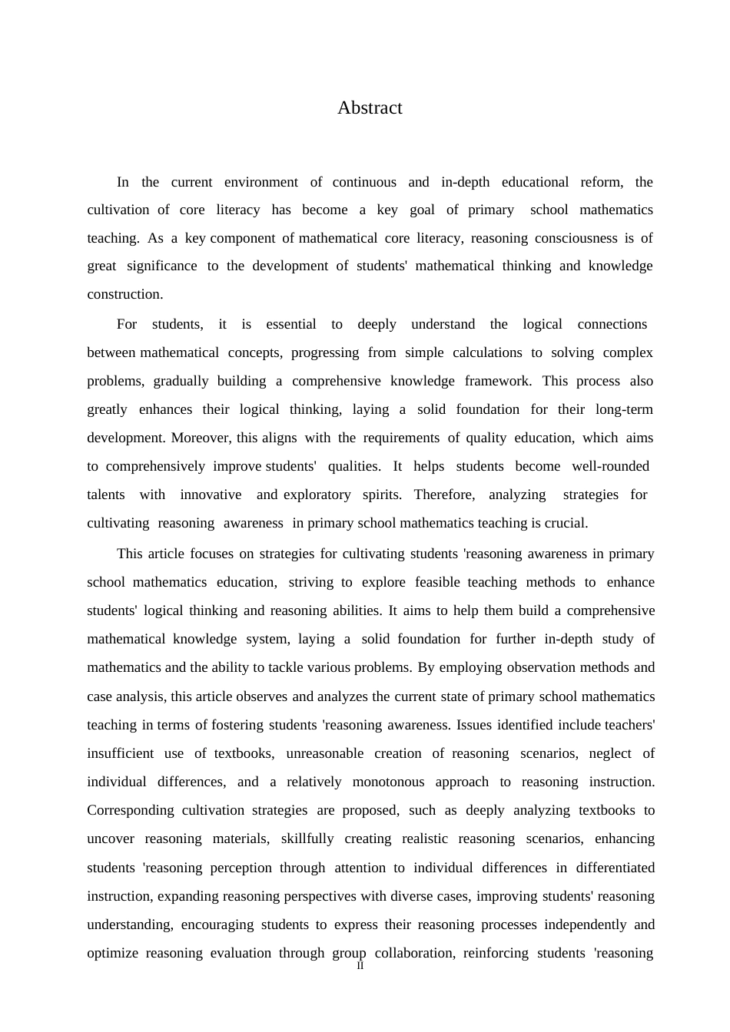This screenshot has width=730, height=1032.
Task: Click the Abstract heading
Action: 370,108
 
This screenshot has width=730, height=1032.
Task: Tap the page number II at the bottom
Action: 360,966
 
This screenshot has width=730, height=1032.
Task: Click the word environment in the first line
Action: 261,182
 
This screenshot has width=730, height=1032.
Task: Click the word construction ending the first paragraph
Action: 124,294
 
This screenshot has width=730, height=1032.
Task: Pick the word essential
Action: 291,324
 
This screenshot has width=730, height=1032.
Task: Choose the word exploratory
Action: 317,495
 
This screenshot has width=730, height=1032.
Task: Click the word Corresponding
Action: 131,810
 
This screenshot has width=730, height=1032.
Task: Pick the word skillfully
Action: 307,838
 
